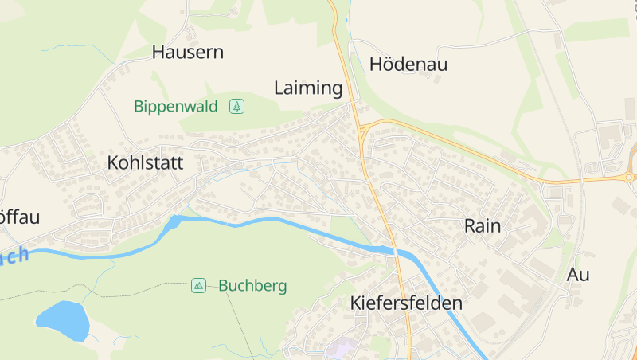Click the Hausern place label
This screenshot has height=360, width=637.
(x=187, y=53)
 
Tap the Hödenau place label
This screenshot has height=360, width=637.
(x=408, y=65)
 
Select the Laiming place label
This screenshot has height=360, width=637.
(x=308, y=88)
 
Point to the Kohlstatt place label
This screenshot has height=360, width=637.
(x=145, y=163)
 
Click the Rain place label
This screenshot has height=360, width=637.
(x=483, y=226)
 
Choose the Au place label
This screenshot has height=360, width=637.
(x=578, y=275)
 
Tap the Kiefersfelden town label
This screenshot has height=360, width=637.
(x=406, y=303)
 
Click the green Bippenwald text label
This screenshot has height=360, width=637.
(x=175, y=106)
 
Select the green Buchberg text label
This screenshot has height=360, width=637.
(x=252, y=285)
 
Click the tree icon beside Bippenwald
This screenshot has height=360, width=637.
(x=236, y=106)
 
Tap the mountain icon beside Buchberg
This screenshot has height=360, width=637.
(x=198, y=285)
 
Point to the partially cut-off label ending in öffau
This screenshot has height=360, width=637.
(x=19, y=217)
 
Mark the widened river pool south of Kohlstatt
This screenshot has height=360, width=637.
(x=173, y=223)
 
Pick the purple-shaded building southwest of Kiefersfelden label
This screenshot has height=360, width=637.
(x=343, y=348)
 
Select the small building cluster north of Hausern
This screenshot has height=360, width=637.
(x=191, y=33)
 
